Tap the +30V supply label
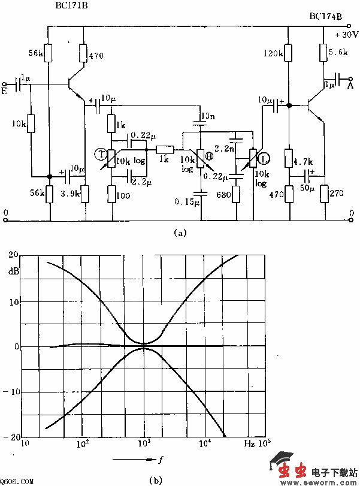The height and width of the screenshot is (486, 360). pyautogui.click(x=346, y=35)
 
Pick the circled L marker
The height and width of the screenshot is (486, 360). pyautogui.click(x=264, y=159)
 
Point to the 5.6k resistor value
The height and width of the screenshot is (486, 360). pyautogui.click(x=340, y=53)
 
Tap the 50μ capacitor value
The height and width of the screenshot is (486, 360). pyautogui.click(x=307, y=188)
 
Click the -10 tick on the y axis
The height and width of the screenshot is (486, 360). pyautogui.click(x=11, y=391)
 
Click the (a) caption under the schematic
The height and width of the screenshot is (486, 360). pyautogui.click(x=180, y=234)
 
